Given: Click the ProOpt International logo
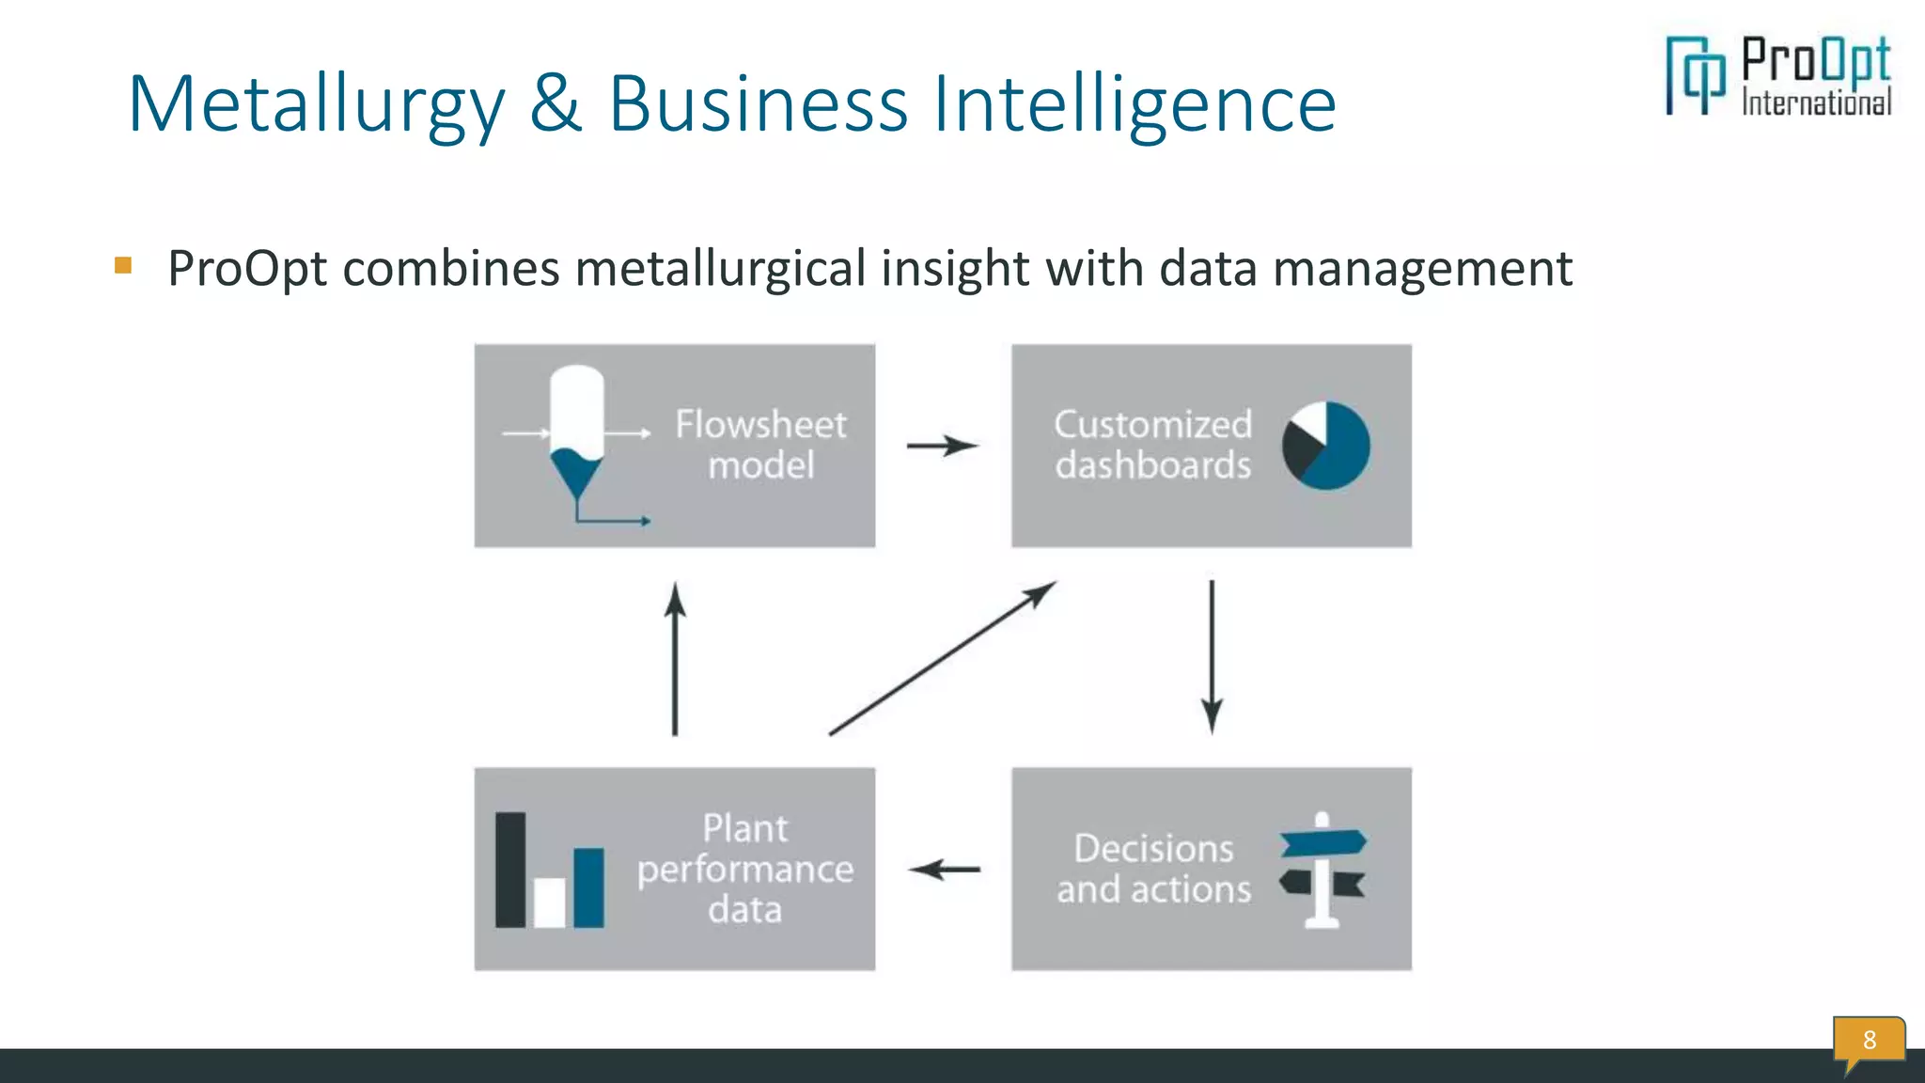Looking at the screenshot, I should [1778, 76].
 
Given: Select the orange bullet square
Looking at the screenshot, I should [123, 265].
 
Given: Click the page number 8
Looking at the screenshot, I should [1869, 1040].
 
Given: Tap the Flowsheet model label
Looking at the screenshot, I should [760, 445].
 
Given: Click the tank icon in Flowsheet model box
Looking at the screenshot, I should [576, 432].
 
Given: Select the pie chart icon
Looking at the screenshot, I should [1326, 446].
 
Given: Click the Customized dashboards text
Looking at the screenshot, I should [1152, 445].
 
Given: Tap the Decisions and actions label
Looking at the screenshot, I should [1153, 869].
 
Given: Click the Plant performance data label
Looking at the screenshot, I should [745, 869].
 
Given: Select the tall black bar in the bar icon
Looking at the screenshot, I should [510, 870].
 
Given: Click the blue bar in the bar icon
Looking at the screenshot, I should [588, 887].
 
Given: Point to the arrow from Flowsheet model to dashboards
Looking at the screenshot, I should [942, 446].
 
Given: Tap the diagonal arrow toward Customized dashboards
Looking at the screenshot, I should [942, 658].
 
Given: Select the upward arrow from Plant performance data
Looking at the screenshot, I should [675, 658].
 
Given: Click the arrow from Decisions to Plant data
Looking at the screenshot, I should [944, 870].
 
